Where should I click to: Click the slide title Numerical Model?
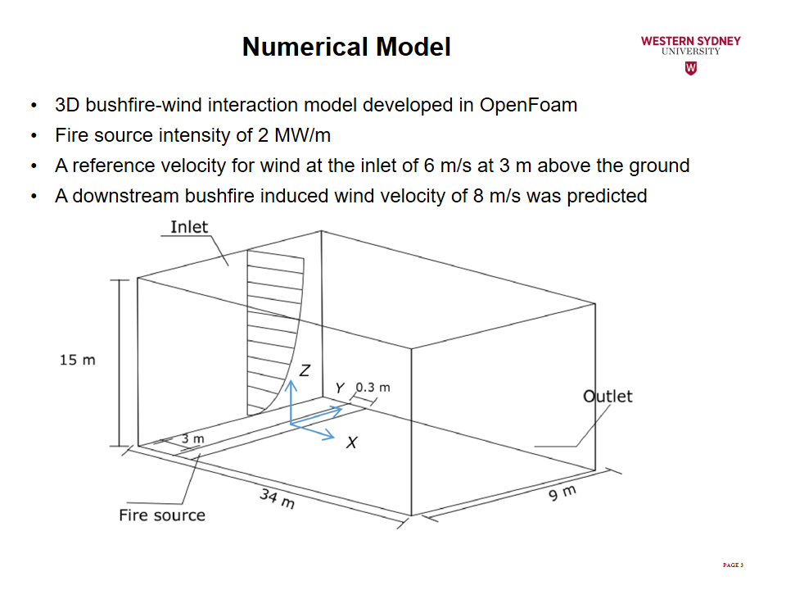click(346, 47)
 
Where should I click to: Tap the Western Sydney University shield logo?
click(691, 68)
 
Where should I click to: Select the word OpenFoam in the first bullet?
click(528, 106)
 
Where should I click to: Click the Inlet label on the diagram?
click(189, 227)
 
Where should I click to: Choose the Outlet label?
click(608, 397)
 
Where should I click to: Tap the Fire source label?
click(162, 515)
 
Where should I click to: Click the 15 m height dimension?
click(77, 360)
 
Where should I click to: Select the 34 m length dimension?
click(278, 498)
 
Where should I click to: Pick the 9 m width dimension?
click(562, 492)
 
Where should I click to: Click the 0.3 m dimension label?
click(373, 388)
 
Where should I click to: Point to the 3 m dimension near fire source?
click(193, 438)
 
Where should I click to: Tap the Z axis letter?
click(305, 370)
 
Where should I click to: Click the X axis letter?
click(352, 442)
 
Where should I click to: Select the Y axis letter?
click(340, 388)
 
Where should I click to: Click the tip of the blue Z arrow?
click(291, 380)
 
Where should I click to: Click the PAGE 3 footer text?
click(733, 565)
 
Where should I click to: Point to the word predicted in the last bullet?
click(607, 196)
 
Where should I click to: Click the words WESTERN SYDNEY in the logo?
click(691, 41)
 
